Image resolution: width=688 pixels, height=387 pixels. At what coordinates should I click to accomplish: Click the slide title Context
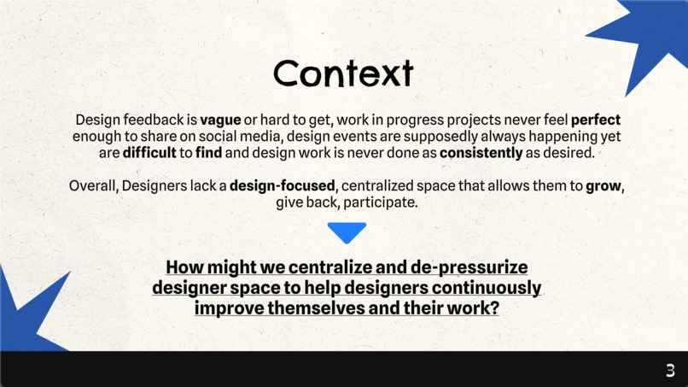pyautogui.click(x=343, y=73)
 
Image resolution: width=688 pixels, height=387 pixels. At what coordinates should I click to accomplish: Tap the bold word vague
pyautogui.click(x=220, y=120)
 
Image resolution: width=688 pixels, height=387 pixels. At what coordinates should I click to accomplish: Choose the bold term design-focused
pyautogui.click(x=283, y=186)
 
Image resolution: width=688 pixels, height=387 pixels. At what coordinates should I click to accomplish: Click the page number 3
pyautogui.click(x=670, y=370)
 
